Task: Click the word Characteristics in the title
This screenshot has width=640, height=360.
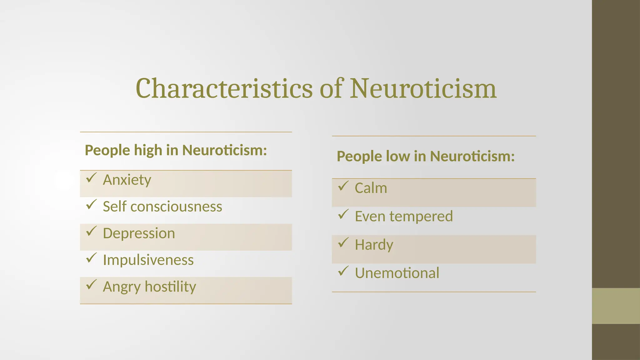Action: [224, 88]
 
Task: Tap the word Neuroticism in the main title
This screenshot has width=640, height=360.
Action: [423, 88]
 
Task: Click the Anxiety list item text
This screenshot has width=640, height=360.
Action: [127, 180]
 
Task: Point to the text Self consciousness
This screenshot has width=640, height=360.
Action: [162, 207]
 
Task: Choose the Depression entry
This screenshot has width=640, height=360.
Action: [139, 233]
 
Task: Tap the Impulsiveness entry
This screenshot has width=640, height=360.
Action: [148, 260]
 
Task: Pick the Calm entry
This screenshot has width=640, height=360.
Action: [371, 188]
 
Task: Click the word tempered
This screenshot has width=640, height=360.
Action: [421, 216]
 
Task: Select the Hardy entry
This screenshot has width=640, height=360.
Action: [374, 245]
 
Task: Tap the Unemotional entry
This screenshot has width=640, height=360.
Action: [397, 273]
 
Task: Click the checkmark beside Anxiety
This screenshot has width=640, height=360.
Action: [91, 178]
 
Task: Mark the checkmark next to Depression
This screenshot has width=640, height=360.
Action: [91, 231]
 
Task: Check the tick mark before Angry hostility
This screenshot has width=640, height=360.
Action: [91, 284]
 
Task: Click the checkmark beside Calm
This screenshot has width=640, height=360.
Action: [343, 186]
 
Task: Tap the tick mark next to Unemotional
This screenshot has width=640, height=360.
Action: [343, 271]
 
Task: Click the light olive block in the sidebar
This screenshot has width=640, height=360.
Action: [616, 306]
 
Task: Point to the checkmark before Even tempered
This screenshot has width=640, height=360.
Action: [343, 214]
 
